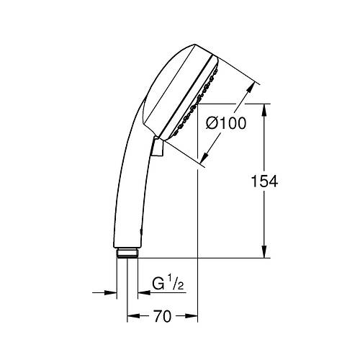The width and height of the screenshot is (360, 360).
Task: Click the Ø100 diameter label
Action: pyautogui.click(x=226, y=123)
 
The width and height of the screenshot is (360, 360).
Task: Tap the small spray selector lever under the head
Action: pyautogui.click(x=158, y=147)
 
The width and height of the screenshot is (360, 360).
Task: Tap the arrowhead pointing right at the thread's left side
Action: pyautogui.click(x=112, y=293)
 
